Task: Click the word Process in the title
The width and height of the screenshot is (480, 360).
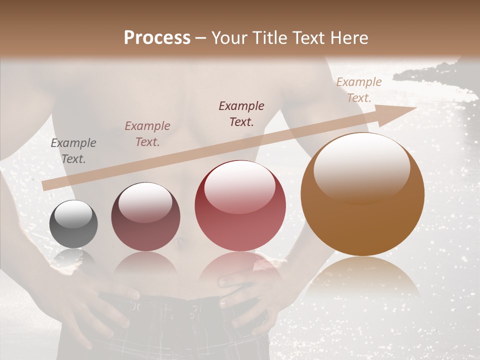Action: pos(157,38)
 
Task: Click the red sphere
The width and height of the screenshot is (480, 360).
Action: pos(240,206)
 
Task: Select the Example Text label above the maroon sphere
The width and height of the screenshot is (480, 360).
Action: pos(147,134)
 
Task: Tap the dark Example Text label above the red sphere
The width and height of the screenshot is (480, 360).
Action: pos(241,114)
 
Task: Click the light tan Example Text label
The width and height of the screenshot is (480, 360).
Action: pos(358,90)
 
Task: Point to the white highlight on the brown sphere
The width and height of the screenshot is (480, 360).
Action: pos(361,167)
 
